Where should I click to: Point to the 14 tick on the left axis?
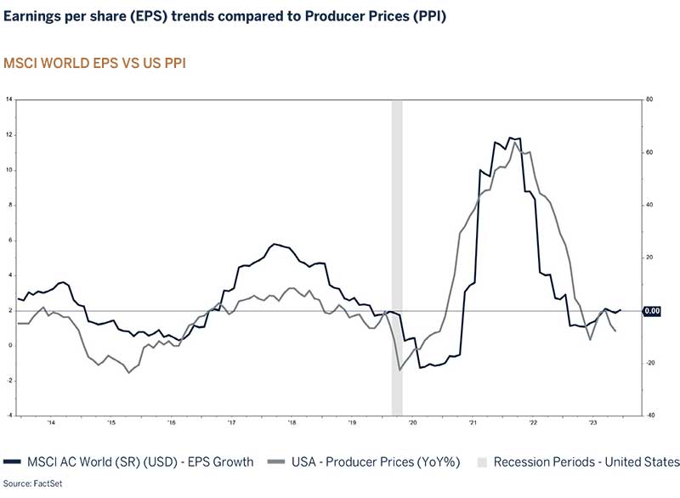(x=8, y=99)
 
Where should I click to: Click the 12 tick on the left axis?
(x=8, y=135)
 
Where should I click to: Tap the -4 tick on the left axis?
(x=8, y=416)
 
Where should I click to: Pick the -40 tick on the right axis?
(x=649, y=416)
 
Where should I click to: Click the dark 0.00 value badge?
(x=652, y=311)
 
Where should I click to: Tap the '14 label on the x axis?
(x=51, y=422)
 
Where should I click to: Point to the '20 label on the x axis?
(x=412, y=422)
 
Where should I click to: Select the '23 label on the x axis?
(x=593, y=422)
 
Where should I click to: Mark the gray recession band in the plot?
(x=396, y=255)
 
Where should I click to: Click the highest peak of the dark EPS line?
(x=510, y=137)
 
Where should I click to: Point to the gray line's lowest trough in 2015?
(x=129, y=372)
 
